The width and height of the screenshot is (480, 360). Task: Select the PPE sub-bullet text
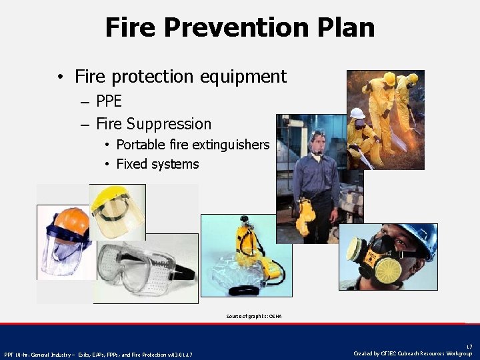coord(109,102)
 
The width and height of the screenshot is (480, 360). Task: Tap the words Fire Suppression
coord(153,124)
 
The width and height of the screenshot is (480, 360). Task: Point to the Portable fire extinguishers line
coord(193,145)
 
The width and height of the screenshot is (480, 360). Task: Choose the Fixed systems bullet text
coord(157,164)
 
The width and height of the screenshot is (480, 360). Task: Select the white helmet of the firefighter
coord(357,113)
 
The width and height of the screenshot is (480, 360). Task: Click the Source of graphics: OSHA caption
coord(253,316)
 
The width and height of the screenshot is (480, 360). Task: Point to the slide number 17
coord(469,346)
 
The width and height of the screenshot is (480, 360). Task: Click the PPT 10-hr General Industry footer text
coord(98,354)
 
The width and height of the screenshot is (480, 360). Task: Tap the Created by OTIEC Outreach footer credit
coord(412,353)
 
